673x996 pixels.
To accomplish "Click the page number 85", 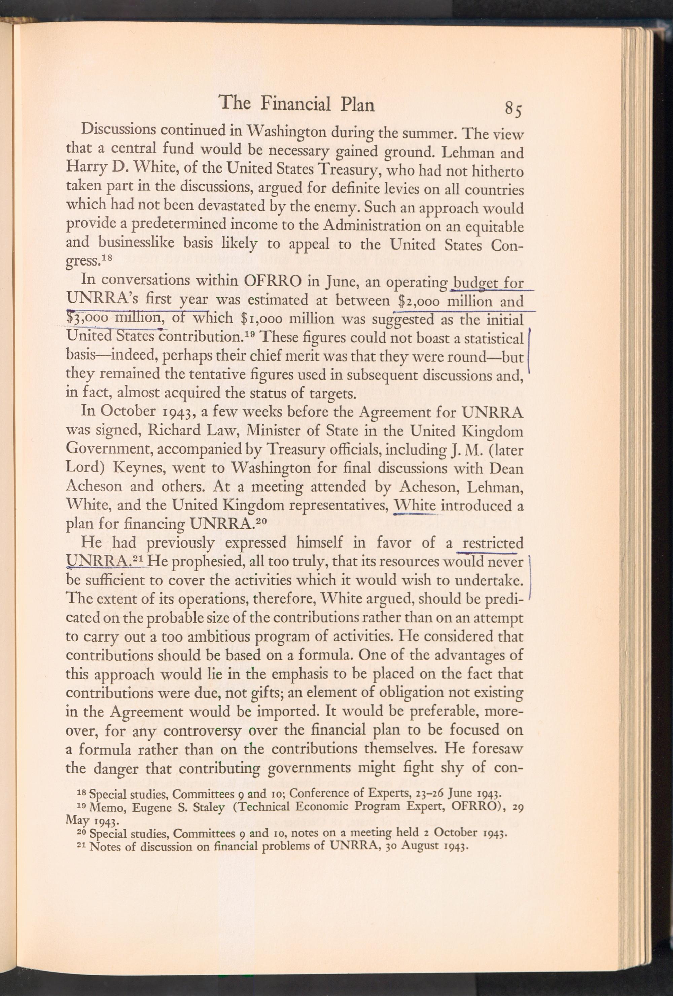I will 513,109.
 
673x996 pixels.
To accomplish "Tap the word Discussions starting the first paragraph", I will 118,129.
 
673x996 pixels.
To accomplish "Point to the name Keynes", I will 133,468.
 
